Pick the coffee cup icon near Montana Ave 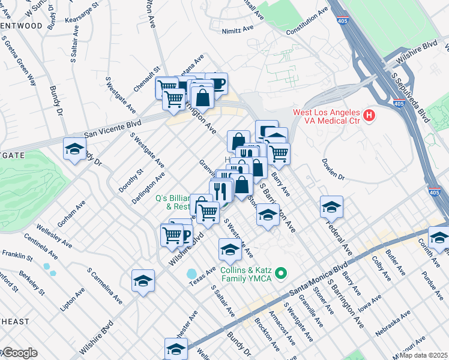(x=216, y=83)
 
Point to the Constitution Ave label (x=307, y=22)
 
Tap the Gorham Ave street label (x=71, y=214)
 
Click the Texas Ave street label (x=203, y=274)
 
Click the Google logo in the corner (x=19, y=353)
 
